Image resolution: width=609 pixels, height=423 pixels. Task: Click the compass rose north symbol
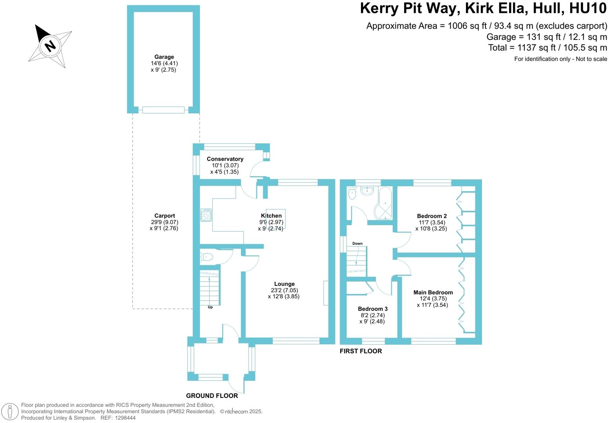(x=50, y=46)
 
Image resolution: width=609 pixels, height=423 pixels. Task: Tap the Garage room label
(x=164, y=57)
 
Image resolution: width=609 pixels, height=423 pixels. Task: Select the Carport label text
(x=165, y=216)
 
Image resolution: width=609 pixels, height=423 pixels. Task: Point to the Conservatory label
(x=225, y=159)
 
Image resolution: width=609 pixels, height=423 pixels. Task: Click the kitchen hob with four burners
(x=206, y=215)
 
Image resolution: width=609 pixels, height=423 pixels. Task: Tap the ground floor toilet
(x=206, y=257)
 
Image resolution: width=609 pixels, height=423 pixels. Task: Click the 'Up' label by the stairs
(x=210, y=307)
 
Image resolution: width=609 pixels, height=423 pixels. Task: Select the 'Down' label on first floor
(x=357, y=244)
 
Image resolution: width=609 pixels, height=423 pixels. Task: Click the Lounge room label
(x=284, y=284)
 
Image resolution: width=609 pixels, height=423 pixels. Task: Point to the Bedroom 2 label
(x=431, y=216)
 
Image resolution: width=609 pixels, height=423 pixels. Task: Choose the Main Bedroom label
(x=433, y=293)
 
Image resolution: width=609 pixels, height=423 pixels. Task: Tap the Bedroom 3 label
(x=372, y=309)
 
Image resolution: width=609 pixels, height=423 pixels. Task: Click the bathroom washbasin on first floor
(x=367, y=191)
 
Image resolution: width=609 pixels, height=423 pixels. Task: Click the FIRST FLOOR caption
(x=361, y=351)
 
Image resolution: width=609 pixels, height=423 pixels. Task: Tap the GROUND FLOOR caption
(x=212, y=396)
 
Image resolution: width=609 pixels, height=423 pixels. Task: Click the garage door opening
(x=163, y=110)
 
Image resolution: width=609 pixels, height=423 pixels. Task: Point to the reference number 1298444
(x=123, y=418)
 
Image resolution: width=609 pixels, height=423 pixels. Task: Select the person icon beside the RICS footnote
(x=11, y=412)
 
